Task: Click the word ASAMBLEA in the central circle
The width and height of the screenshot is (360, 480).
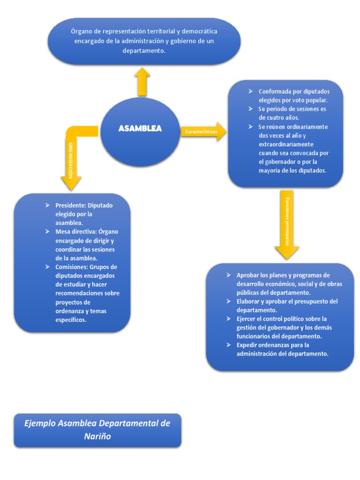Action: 140,128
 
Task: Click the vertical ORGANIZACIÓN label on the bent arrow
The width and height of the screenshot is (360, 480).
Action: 71,159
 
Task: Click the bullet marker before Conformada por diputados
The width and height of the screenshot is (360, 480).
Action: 251,91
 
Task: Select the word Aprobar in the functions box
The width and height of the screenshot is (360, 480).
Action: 248,275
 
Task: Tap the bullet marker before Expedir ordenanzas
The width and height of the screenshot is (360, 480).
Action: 228,345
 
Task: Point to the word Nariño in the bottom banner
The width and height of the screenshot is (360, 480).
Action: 97,436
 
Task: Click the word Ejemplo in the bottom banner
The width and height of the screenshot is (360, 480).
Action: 40,423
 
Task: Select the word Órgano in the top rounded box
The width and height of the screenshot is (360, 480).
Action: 82,31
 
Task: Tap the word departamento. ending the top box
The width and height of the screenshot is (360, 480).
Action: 144,50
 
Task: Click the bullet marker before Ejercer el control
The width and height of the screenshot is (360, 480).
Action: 228,319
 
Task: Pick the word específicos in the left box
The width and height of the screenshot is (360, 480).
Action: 71,320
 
